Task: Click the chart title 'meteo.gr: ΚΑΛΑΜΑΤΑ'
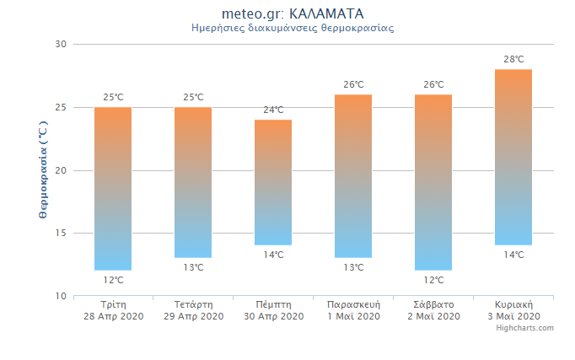click(293, 14)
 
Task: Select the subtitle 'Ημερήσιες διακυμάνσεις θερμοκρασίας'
click(293, 28)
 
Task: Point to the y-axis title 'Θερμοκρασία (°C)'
click(43, 169)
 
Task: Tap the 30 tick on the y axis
click(61, 44)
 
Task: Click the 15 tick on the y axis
click(61, 233)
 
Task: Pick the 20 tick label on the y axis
click(61, 170)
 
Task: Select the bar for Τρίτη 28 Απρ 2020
click(113, 189)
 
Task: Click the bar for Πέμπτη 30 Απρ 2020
click(273, 182)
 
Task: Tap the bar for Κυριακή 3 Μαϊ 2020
click(513, 157)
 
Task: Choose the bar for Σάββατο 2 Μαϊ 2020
click(433, 182)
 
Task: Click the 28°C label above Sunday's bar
click(513, 59)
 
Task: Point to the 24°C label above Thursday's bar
click(273, 110)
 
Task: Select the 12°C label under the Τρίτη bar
click(113, 280)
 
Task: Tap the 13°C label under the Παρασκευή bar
click(353, 267)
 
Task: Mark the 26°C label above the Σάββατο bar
click(433, 84)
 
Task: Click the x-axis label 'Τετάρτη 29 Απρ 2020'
click(194, 310)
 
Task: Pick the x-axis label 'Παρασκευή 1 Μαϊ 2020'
click(353, 310)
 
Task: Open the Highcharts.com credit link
click(524, 328)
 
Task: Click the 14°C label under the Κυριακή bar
click(513, 255)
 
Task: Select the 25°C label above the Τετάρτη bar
click(193, 97)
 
